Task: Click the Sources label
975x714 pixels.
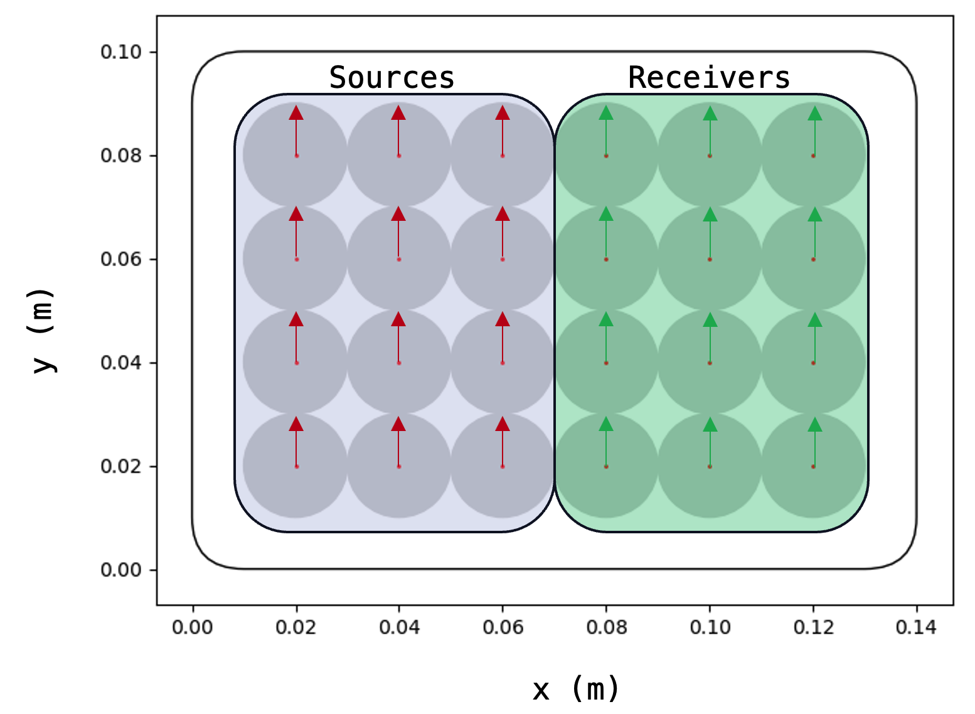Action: point(392,78)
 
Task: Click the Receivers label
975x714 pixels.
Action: point(709,78)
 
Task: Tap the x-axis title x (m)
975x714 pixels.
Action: point(576,689)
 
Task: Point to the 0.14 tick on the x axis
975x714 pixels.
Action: point(916,627)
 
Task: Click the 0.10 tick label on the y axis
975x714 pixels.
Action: point(121,51)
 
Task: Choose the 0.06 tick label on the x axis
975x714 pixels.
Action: point(503,627)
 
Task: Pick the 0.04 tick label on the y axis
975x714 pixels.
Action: point(121,363)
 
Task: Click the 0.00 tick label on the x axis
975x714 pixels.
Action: point(193,627)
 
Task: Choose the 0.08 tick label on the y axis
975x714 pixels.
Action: point(121,155)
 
